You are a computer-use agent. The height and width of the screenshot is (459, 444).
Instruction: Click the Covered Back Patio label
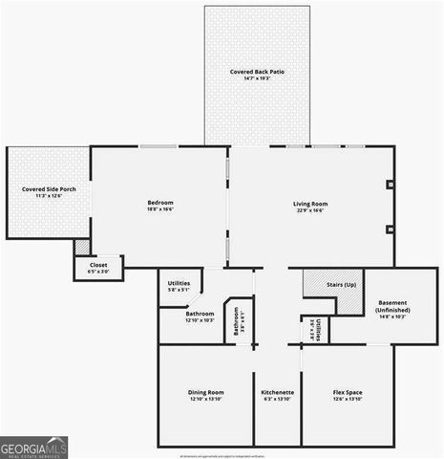(x=257, y=72)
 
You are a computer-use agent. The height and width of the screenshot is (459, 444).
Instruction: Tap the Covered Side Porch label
(x=49, y=189)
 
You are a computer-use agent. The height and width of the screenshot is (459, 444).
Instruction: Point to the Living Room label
(x=310, y=203)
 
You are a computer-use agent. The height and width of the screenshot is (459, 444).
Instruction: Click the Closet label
(x=98, y=265)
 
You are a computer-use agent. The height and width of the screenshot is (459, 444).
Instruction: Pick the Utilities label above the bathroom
(x=179, y=283)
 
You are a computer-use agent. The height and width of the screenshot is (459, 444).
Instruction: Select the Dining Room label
(x=205, y=392)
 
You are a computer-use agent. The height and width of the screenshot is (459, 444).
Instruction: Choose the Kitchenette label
(x=277, y=392)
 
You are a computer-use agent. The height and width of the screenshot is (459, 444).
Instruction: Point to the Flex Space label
(x=347, y=392)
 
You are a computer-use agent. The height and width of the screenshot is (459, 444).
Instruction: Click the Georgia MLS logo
(x=34, y=447)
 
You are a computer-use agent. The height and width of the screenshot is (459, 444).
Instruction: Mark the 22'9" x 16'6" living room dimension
(x=310, y=209)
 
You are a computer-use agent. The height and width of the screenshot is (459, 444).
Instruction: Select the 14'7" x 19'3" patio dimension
(x=257, y=78)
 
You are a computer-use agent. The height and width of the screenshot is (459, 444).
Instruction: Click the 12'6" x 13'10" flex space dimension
(x=347, y=399)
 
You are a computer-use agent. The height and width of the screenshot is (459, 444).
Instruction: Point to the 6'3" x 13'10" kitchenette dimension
(x=277, y=399)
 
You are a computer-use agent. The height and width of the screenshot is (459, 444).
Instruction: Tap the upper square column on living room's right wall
(x=390, y=185)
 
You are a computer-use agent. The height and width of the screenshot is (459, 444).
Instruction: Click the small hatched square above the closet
(x=82, y=247)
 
